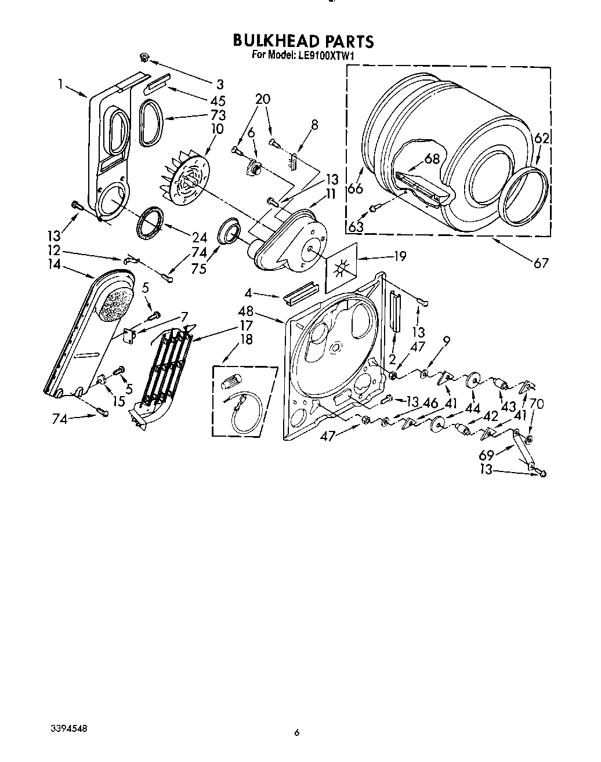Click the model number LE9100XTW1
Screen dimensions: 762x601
point(327,56)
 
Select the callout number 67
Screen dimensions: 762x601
point(541,264)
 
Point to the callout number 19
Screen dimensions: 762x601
point(400,256)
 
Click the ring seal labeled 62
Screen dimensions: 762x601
point(524,195)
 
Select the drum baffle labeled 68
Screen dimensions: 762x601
point(422,189)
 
